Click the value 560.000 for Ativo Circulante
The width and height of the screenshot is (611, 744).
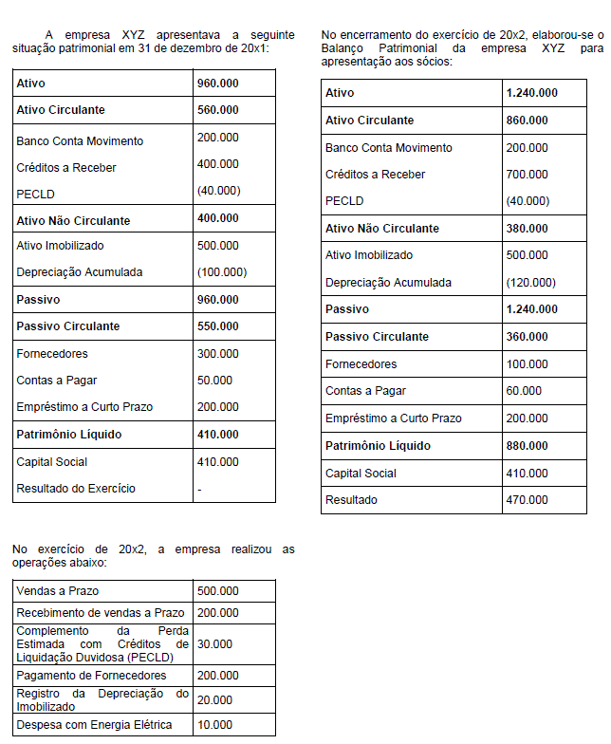pos(217,110)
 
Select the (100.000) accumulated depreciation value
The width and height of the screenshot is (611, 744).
pos(222,272)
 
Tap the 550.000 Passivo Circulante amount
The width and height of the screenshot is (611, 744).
pos(217,326)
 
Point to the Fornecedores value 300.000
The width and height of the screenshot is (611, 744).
pos(217,354)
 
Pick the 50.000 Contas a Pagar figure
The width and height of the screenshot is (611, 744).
pos(214,381)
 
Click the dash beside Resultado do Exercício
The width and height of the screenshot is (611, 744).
pos(199,489)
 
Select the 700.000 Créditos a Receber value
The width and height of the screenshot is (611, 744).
pos(527,175)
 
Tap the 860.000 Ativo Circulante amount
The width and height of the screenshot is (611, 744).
pos(528,121)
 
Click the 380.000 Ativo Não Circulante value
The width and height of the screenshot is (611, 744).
pos(528,229)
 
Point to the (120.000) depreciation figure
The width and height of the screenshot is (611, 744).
pos(531,283)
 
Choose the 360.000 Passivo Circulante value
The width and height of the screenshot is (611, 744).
pos(528,337)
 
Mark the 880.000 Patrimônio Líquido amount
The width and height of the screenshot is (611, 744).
pos(528,446)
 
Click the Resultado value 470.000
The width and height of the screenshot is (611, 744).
pos(527,500)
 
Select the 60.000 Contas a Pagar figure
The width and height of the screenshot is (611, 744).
pos(524,391)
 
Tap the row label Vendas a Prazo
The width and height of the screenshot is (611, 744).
pos(58,591)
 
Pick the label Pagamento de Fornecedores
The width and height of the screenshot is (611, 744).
pos(91,676)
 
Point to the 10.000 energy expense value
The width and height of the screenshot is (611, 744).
pos(214,725)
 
